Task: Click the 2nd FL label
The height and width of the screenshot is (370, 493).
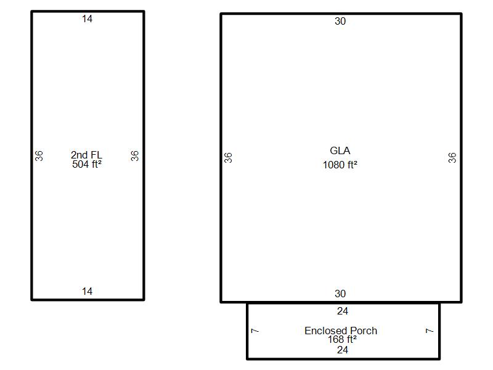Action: tap(86, 155)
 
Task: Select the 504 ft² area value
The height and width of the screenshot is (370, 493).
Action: tap(87, 164)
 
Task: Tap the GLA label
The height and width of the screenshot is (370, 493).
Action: tap(340, 150)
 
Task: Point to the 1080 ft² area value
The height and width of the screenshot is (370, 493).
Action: tap(340, 165)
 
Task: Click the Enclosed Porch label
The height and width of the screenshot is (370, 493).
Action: tap(341, 331)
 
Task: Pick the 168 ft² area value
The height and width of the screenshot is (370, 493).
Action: tap(342, 339)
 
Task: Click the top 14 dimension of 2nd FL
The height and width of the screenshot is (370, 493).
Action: tap(87, 19)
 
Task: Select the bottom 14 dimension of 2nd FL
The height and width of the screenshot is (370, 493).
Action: tap(87, 291)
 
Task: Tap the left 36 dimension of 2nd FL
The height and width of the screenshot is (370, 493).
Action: tap(39, 156)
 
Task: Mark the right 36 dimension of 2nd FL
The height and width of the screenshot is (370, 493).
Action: tap(135, 156)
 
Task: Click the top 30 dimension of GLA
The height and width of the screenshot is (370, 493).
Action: tap(340, 21)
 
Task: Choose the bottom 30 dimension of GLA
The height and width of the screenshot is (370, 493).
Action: tap(340, 294)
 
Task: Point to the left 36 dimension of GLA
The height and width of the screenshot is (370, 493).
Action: tap(228, 158)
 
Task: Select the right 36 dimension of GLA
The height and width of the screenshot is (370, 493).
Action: tap(452, 158)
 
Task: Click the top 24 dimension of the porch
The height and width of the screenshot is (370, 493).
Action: tap(343, 311)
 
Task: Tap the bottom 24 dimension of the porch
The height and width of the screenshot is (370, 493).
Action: tap(343, 350)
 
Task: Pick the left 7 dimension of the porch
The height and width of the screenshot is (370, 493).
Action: tap(255, 331)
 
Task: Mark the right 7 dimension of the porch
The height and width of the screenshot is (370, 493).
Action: tap(430, 331)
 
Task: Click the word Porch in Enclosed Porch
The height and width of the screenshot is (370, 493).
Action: tap(364, 331)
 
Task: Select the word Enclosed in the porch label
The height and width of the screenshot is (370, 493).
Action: tap(326, 331)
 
